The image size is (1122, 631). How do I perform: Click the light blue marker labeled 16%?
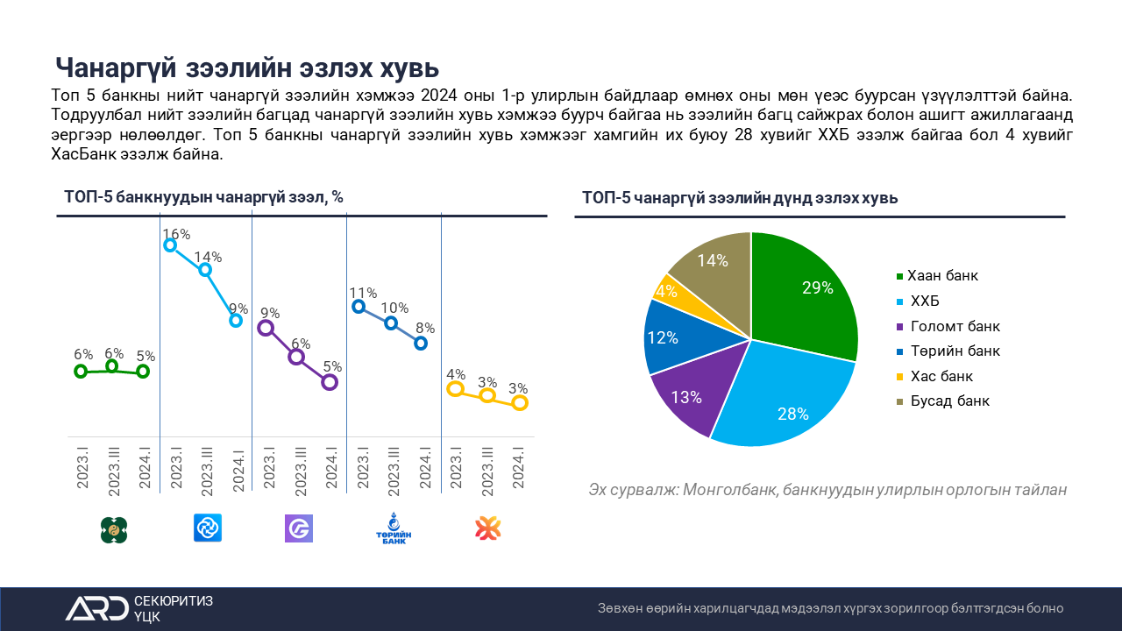pyautogui.click(x=170, y=245)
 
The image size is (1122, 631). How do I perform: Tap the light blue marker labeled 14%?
pyautogui.click(x=205, y=270)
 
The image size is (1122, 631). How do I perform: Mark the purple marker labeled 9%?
pyautogui.click(x=266, y=328)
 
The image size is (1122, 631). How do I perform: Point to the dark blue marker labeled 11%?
pyautogui.click(x=359, y=306)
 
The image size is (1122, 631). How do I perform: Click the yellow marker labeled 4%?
pyautogui.click(x=455, y=388)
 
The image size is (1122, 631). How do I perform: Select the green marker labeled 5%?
pyautogui.click(x=143, y=372)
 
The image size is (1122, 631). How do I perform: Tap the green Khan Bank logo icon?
pyautogui.click(x=114, y=528)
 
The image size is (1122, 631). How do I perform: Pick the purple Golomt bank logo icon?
pyautogui.click(x=299, y=528)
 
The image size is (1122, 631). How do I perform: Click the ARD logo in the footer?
pyautogui.click(x=96, y=608)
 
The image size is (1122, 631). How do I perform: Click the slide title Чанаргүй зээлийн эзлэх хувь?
pyautogui.click(x=247, y=67)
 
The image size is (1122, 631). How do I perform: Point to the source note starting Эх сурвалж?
pyautogui.click(x=827, y=490)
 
